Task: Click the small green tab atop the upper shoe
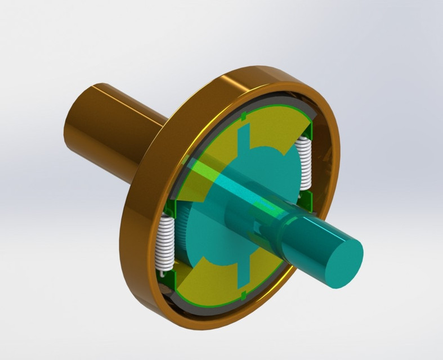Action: point(243,116)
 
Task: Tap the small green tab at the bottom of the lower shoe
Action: point(243,294)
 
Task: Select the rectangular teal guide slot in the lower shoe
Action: point(242,273)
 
